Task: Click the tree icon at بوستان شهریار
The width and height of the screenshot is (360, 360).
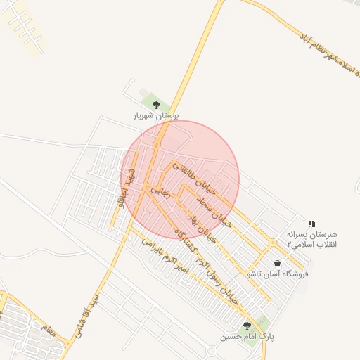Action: (x=156, y=105)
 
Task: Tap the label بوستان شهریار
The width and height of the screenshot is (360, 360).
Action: (x=156, y=115)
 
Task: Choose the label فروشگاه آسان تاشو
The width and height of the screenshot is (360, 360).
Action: (x=278, y=274)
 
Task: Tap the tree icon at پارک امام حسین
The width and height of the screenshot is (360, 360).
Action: (x=247, y=326)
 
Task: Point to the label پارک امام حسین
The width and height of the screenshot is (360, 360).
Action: (x=247, y=337)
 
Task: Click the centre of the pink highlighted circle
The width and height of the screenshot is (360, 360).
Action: (x=181, y=180)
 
